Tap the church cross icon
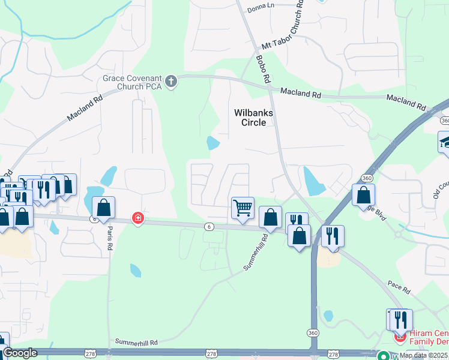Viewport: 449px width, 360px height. [x=171, y=82]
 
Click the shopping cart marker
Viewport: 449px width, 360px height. [x=243, y=208]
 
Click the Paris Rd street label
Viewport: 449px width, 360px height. [x=110, y=238]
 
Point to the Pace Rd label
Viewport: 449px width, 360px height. [x=398, y=287]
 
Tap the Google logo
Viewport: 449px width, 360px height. [x=20, y=353]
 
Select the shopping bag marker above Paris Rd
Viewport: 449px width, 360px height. [x=104, y=208]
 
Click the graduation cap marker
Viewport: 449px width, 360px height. [x=445, y=142]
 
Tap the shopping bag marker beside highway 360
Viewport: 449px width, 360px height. [x=363, y=194]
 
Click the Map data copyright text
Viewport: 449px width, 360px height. [x=423, y=355]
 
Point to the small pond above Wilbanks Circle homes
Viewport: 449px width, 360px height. [x=212, y=143]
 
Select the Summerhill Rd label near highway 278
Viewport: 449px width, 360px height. [x=136, y=342]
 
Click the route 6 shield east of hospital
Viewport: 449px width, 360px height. [x=208, y=226]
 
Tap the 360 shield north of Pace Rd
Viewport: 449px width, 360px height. [x=366, y=178]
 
